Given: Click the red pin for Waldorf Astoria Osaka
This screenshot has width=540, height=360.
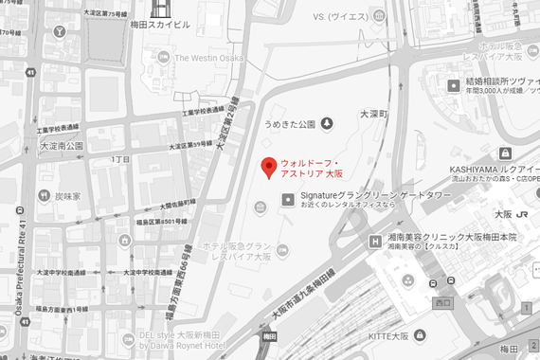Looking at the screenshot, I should (268, 168).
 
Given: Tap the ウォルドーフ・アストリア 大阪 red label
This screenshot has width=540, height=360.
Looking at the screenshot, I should (313, 169).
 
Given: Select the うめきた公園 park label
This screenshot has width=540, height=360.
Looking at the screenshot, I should (290, 122).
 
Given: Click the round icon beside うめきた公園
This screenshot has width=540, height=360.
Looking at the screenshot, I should (327, 122).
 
